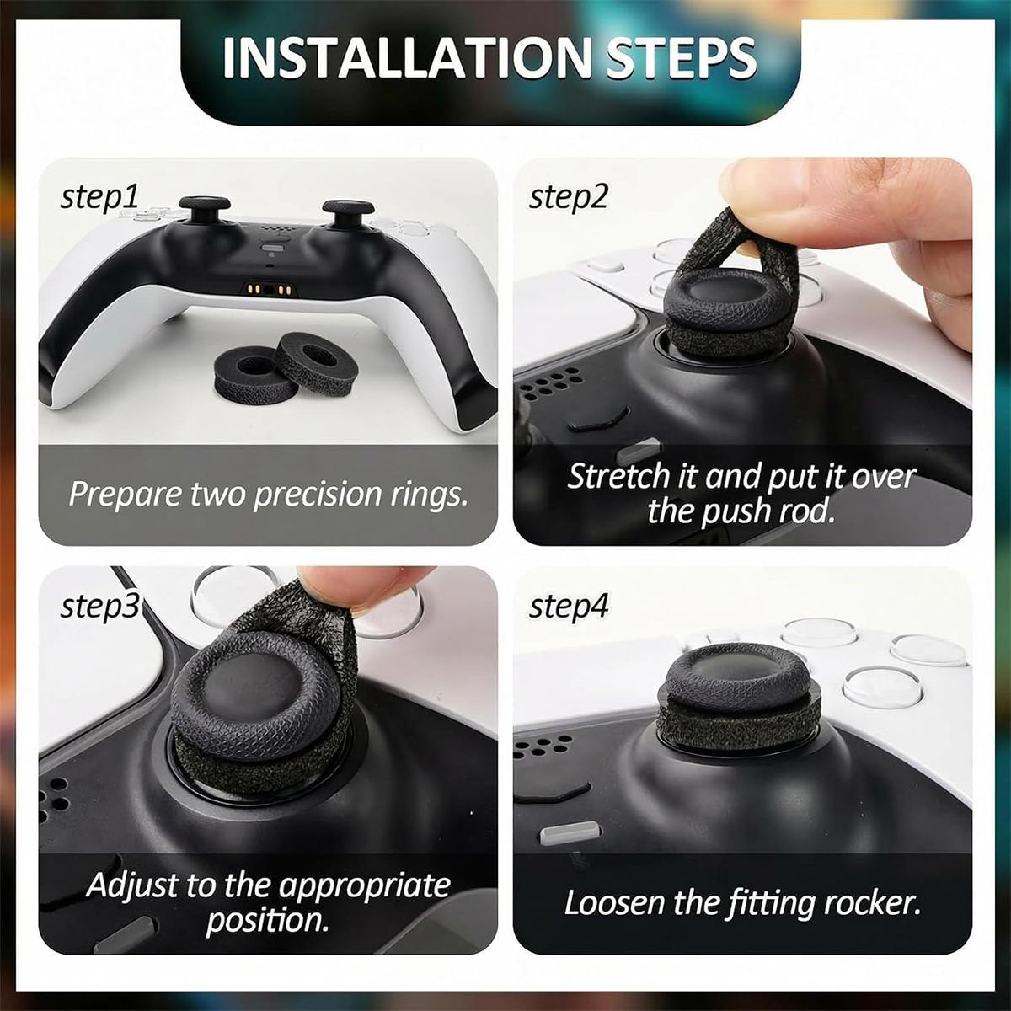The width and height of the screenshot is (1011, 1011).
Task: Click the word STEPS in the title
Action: click(x=682, y=58)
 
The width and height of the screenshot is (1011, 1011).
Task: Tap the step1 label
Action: click(x=99, y=198)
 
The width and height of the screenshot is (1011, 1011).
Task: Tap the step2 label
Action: click(x=568, y=198)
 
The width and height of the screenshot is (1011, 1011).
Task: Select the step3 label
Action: click(x=99, y=607)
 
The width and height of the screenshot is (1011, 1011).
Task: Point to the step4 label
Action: click(x=569, y=607)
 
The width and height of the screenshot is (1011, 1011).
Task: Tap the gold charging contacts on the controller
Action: click(x=269, y=290)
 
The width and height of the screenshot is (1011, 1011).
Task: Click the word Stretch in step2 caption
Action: click(x=619, y=476)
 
